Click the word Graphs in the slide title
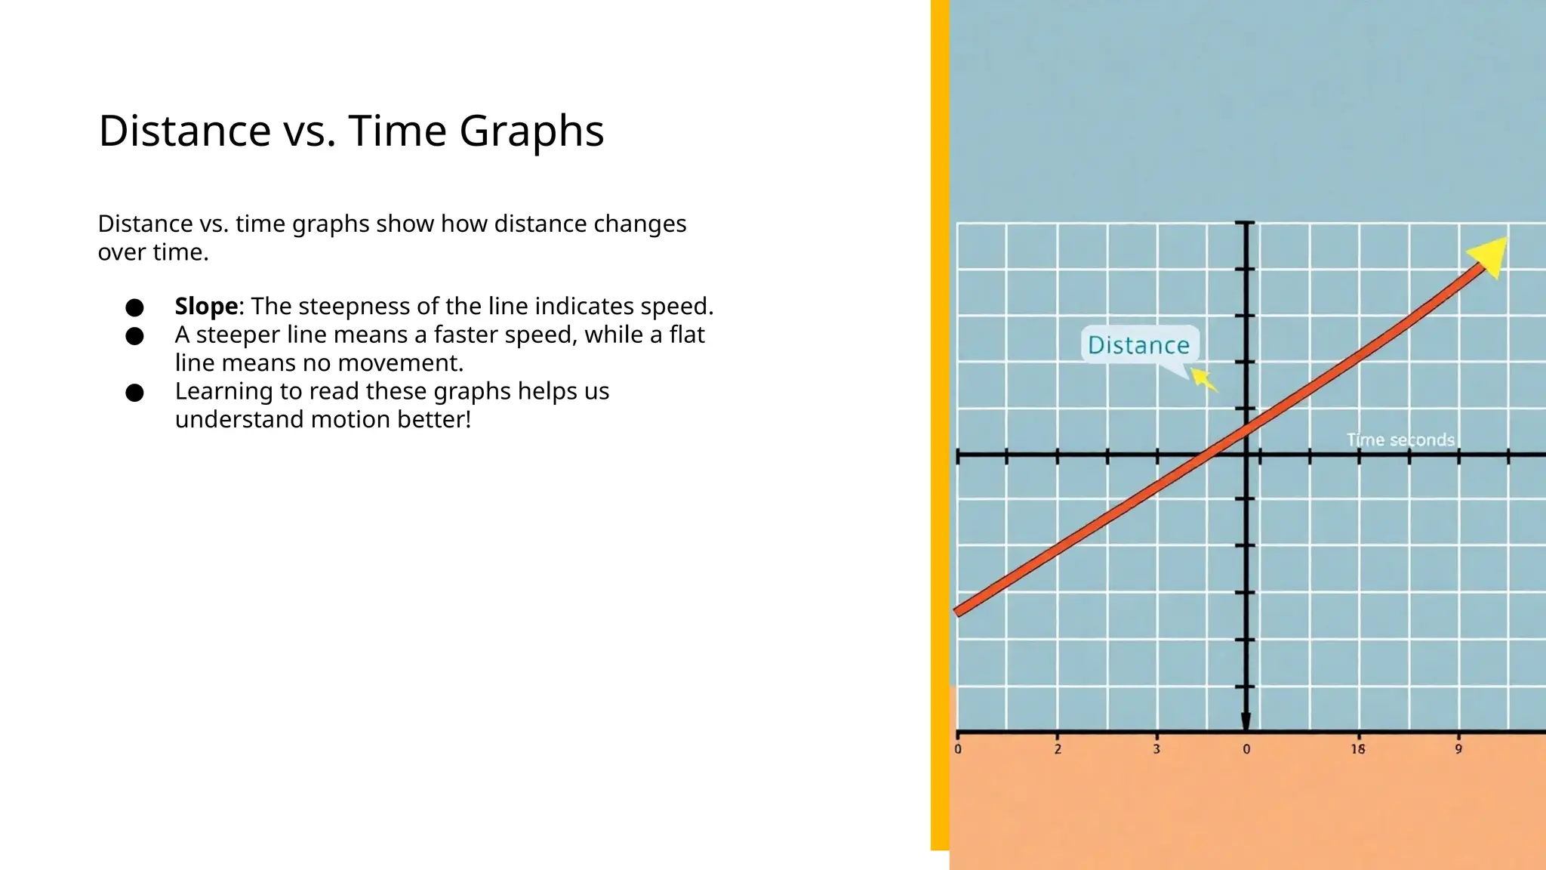tap(531, 131)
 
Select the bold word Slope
tap(206, 307)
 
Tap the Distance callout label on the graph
tap(1138, 345)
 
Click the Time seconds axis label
tap(1400, 440)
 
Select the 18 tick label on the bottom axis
tap(1358, 749)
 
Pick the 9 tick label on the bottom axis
tap(1458, 749)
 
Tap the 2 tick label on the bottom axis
tap(1058, 749)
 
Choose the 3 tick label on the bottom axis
tap(1156, 749)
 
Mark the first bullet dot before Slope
tap(135, 307)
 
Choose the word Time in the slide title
tap(397, 131)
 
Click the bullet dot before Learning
tap(135, 393)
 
